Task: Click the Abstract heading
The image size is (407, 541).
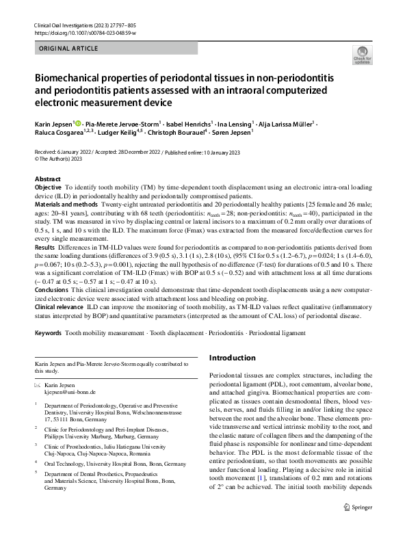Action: pos(47,179)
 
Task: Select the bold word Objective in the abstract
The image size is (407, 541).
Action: pos(48,187)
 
